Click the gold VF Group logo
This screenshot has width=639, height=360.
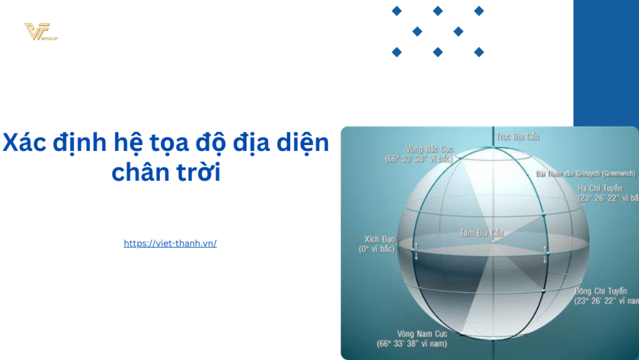[40, 31]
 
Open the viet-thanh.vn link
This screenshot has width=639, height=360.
[170, 244]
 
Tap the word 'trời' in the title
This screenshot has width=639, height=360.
[198, 172]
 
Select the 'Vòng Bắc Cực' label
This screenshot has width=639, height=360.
[429, 149]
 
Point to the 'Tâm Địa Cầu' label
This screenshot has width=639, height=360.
[481, 233]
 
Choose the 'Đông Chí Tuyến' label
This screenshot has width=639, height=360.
[600, 292]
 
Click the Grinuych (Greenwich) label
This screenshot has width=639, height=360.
[585, 173]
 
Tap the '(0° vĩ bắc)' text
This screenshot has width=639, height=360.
[376, 249]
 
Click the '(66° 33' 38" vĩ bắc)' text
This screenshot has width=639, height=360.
[419, 159]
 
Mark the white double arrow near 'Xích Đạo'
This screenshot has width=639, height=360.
[416, 251]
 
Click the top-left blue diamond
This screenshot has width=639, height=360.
[397, 11]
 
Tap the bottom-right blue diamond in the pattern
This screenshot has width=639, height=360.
[479, 52]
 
